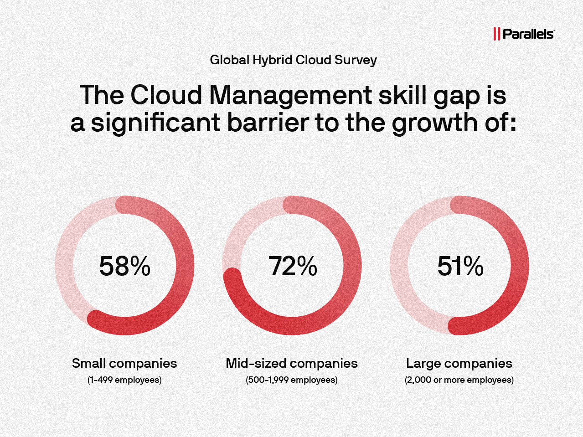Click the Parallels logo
click(524, 34)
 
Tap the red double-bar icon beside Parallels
click(496, 34)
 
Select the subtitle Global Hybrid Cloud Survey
click(293, 60)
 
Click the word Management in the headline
click(290, 95)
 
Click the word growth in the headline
click(435, 123)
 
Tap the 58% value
click(124, 266)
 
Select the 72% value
click(292, 266)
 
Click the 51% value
click(460, 266)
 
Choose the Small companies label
click(124, 363)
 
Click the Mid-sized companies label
click(292, 363)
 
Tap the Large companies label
click(459, 363)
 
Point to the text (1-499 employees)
click(124, 380)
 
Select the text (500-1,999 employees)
click(292, 380)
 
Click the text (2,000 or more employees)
click(459, 380)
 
